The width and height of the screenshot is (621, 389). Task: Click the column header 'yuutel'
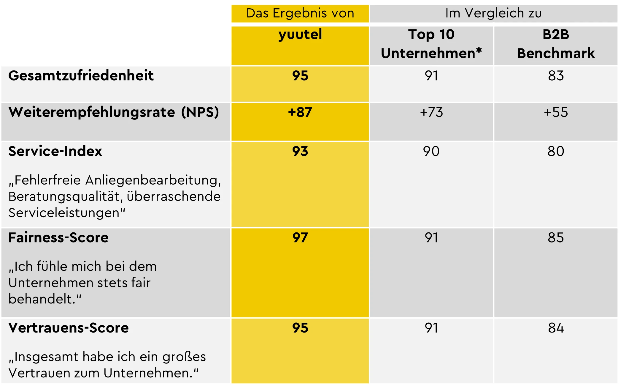[300, 34]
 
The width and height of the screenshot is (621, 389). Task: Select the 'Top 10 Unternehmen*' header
[431, 44]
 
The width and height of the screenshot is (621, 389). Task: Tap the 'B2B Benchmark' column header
[555, 44]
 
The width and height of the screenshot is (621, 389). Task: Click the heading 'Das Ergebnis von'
[300, 13]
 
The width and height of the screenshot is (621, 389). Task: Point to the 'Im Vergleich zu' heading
[493, 13]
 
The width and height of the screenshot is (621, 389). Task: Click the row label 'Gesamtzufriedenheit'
[81, 75]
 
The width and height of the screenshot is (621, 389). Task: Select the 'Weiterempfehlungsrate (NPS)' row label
[114, 112]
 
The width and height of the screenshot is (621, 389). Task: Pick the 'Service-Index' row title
[55, 151]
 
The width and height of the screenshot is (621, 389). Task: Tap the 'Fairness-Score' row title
[58, 238]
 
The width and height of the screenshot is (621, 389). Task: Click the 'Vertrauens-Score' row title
[69, 328]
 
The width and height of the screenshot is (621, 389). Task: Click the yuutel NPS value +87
[300, 112]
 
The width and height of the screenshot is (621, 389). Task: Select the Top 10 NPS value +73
[431, 112]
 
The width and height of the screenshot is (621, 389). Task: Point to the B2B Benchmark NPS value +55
[555, 112]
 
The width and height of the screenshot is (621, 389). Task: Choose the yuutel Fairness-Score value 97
[300, 238]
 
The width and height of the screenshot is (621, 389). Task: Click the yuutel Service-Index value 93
[300, 151]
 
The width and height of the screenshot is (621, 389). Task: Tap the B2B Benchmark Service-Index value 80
[555, 151]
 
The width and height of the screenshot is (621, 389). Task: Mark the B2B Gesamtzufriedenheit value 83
[555, 75]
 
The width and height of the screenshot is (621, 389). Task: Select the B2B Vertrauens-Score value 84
[555, 328]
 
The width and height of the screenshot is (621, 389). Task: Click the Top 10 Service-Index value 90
[431, 151]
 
